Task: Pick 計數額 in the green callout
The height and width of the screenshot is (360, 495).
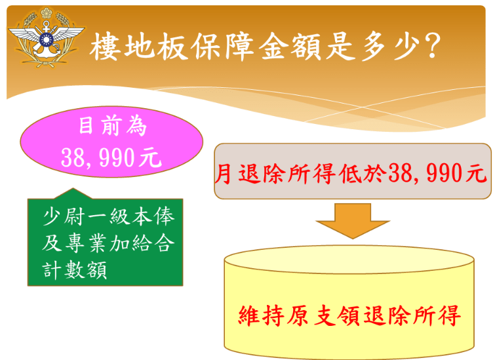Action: pyautogui.click(x=73, y=270)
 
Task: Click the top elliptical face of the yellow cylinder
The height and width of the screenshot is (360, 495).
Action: pyautogui.click(x=348, y=260)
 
